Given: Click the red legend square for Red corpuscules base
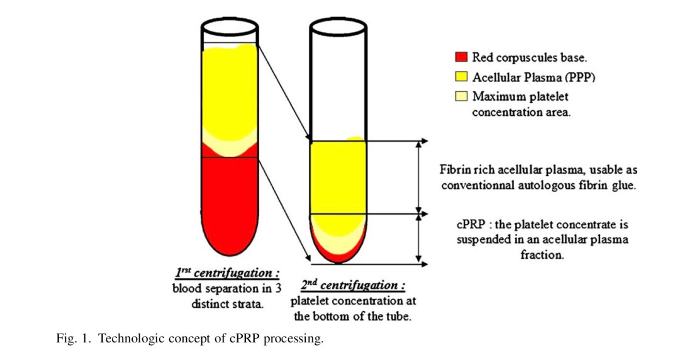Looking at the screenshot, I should pyautogui.click(x=461, y=58).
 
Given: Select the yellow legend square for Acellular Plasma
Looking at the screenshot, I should pyautogui.click(x=461, y=77).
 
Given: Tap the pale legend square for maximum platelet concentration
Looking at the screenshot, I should pyautogui.click(x=461, y=96).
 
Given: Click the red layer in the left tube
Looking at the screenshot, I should pyautogui.click(x=230, y=201).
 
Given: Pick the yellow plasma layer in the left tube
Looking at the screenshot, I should pyautogui.click(x=230, y=94).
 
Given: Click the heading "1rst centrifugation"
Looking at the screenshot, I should pyautogui.click(x=227, y=274).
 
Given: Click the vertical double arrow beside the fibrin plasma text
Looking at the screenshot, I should pyautogui.click(x=419, y=177).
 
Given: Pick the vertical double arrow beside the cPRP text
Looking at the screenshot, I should pyautogui.click(x=419, y=239).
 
